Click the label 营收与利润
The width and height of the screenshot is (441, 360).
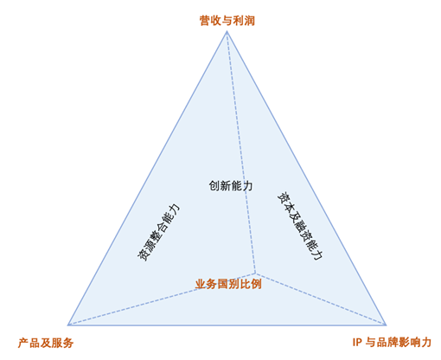point(227,21)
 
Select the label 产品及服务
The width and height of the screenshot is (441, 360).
point(46,343)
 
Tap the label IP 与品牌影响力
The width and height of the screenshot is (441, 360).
point(392,343)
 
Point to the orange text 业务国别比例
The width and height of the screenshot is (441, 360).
point(228,284)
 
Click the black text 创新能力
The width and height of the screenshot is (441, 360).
point(231,186)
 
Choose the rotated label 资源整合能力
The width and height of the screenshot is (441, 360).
point(158,232)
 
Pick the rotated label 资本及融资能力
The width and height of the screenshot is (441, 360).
point(300,226)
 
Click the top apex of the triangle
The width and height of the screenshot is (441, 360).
point(227,31)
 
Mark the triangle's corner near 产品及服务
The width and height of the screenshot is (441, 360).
point(68,325)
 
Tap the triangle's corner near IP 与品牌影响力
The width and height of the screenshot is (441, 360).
point(386,325)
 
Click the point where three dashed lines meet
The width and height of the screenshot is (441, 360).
point(255,273)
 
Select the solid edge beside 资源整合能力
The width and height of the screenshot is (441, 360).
point(147,178)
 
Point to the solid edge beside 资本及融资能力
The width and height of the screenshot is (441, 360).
point(306,178)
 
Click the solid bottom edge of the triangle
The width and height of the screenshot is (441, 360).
point(227,325)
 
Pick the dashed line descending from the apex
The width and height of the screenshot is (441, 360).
point(241,152)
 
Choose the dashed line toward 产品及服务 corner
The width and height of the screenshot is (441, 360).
point(162,299)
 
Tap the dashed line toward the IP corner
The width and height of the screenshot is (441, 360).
point(321,299)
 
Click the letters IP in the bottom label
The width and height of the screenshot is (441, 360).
point(357,343)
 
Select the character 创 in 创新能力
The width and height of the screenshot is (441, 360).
point(214,186)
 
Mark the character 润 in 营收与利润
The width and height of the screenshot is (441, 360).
point(250,21)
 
